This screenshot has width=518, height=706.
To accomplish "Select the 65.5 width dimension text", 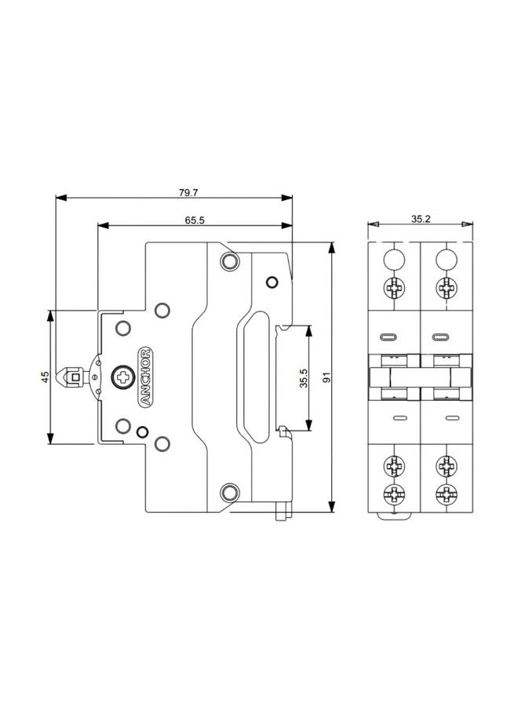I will (x=195, y=220).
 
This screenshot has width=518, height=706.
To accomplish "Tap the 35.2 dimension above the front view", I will (x=421, y=220).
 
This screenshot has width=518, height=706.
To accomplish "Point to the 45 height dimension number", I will (x=45, y=377).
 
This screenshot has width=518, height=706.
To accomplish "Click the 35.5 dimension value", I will (x=303, y=378).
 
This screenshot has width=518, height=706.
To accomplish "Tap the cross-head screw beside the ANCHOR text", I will (x=122, y=377).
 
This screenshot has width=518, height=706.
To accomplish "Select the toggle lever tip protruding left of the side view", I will (x=75, y=377).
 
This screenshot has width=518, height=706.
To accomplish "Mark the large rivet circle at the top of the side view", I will (x=229, y=260).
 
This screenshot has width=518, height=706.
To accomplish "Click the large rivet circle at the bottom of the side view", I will (x=229, y=493).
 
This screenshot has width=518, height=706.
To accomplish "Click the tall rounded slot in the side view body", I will (x=254, y=377).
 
